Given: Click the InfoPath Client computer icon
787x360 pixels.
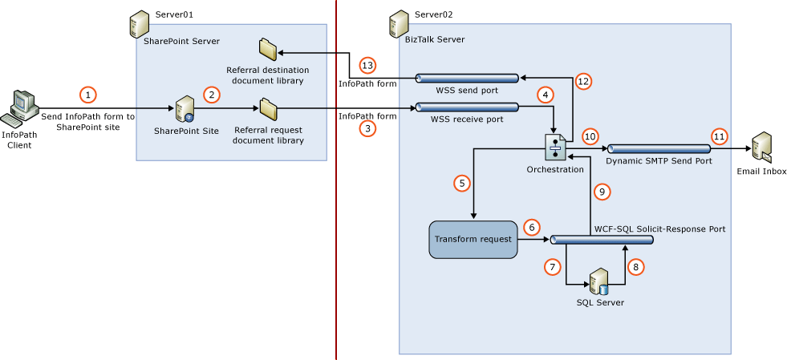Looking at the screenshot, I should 21,109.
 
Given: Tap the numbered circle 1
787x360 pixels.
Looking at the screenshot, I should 89,95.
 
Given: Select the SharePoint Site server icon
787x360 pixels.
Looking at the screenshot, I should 186,109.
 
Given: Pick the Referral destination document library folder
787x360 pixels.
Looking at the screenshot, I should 267,48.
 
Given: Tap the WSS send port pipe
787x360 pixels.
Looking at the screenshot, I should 467,78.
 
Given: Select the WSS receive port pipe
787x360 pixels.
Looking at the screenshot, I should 467,107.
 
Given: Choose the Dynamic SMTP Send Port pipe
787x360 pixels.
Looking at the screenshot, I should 659,148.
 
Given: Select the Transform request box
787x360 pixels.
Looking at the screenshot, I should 473,239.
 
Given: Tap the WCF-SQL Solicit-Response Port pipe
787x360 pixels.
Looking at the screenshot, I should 602,240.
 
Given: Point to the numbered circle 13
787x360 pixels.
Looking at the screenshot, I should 367,65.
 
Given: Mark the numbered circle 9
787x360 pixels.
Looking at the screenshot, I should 602,192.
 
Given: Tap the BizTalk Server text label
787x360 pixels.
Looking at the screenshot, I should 434,39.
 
